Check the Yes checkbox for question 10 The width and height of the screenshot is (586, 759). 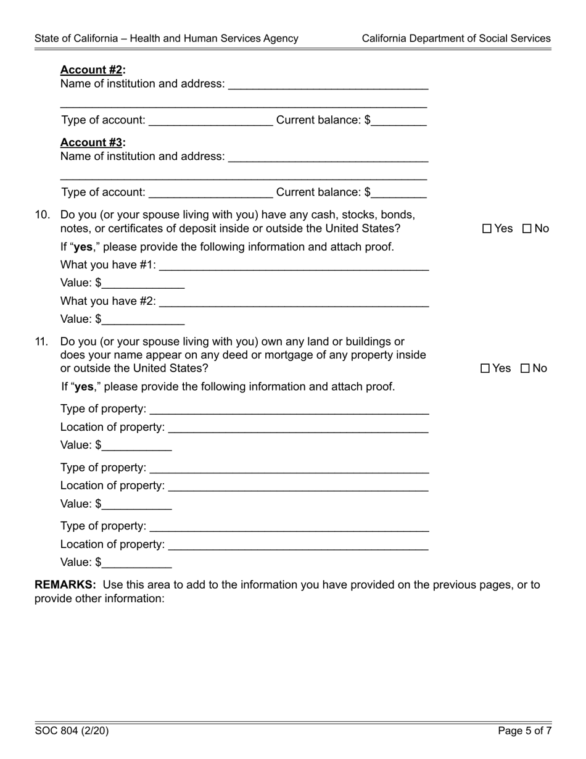(x=487, y=229)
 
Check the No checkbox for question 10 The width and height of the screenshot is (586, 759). (x=527, y=229)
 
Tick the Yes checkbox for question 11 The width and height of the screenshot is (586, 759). (x=485, y=368)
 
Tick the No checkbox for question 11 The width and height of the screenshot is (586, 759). (x=526, y=368)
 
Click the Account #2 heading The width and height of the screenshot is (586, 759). (x=93, y=70)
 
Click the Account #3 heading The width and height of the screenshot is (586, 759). (x=93, y=143)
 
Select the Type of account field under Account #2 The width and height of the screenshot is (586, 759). (x=210, y=121)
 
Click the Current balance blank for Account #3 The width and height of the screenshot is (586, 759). (x=399, y=193)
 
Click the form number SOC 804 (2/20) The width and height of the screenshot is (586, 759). (x=72, y=731)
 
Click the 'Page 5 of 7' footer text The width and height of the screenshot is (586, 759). (x=525, y=731)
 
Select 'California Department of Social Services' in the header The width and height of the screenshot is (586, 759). (x=456, y=38)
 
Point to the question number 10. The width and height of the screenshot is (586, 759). (x=42, y=215)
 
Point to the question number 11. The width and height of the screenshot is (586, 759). (x=42, y=342)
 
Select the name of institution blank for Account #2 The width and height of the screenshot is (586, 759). (x=328, y=85)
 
